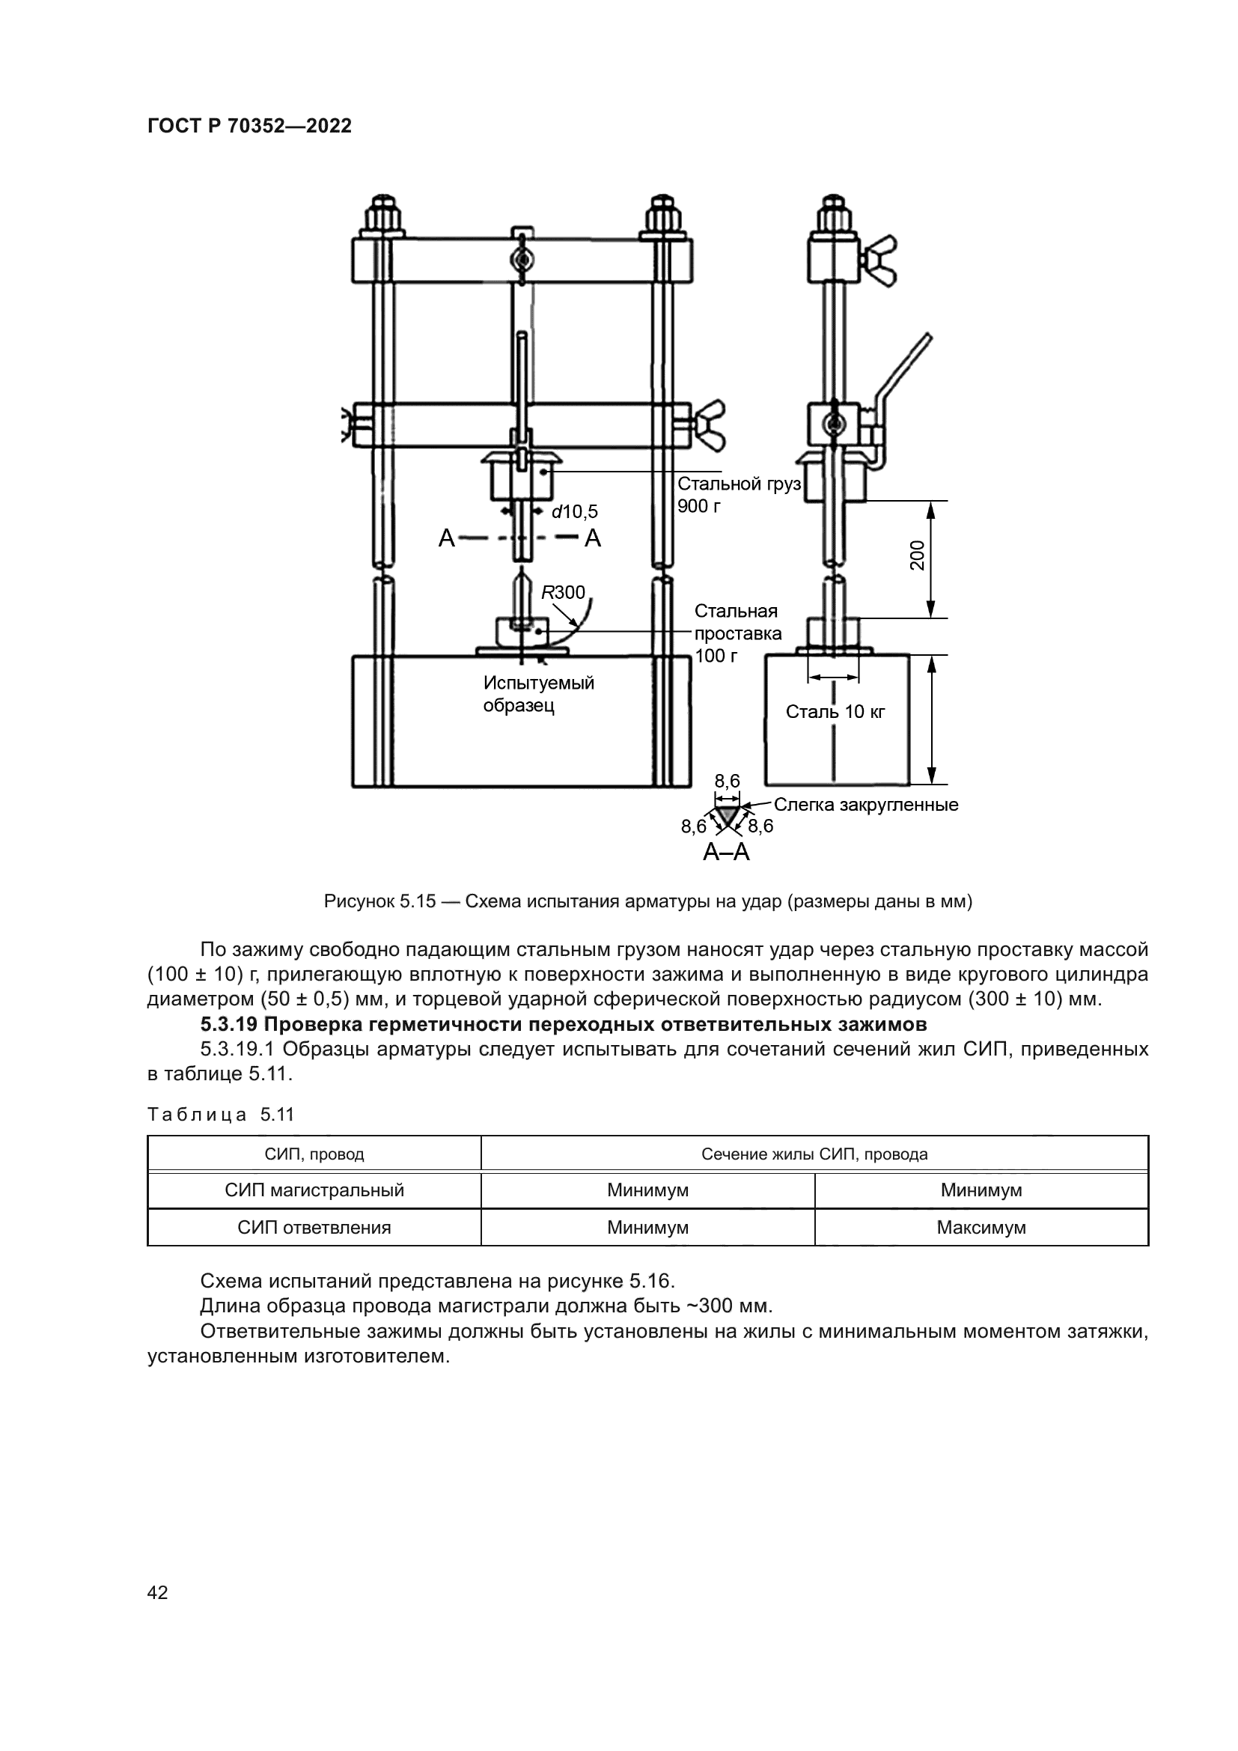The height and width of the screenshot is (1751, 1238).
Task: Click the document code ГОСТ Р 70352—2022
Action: coord(249,126)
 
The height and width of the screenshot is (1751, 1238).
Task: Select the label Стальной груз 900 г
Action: coord(738,495)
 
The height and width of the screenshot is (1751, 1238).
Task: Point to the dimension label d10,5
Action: coord(574,512)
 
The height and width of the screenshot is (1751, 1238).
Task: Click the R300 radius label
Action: coord(563,593)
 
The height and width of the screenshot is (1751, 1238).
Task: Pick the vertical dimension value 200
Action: coord(917,555)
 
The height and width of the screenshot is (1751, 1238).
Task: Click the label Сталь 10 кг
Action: coord(835,711)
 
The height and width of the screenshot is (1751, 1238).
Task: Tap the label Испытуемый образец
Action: coord(538,694)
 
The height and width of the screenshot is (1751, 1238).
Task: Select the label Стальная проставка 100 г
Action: coord(737,633)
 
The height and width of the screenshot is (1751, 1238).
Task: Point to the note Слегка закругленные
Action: coord(866,805)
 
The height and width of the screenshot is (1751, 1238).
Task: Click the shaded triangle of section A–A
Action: coord(728,814)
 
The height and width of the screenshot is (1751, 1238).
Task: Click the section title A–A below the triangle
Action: coord(726,852)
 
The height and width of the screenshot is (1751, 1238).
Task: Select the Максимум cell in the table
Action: coord(981,1228)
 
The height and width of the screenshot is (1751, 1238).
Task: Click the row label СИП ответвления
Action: coord(314,1228)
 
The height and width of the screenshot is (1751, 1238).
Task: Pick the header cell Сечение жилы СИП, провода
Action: coord(814,1154)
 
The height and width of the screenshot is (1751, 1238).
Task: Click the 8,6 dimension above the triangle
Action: coord(727,781)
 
